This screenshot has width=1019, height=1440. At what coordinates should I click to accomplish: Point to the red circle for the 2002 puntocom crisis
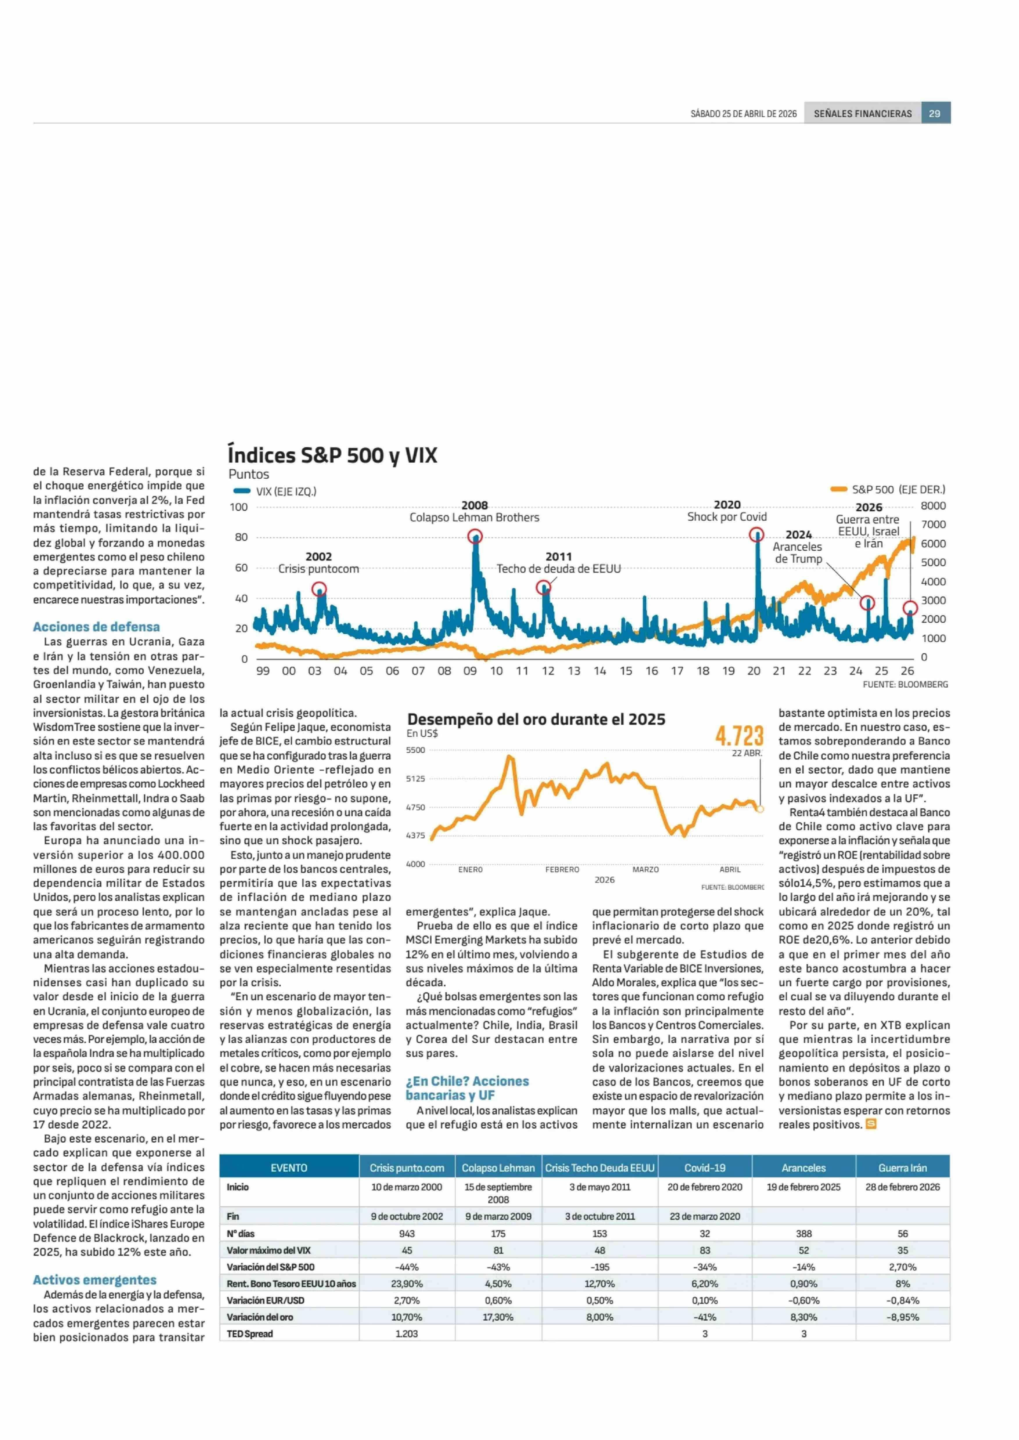click(319, 588)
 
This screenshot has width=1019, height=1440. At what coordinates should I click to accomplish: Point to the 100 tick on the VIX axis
click(239, 507)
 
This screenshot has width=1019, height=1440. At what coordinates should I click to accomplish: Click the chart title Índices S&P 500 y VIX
click(333, 455)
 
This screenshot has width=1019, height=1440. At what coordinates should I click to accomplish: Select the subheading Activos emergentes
click(95, 1280)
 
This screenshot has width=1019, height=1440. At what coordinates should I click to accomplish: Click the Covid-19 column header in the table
click(705, 1168)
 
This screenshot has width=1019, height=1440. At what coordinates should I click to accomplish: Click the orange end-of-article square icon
click(871, 1124)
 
